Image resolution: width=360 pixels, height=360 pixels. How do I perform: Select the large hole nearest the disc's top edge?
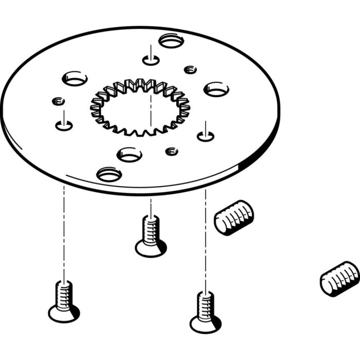click(171, 40)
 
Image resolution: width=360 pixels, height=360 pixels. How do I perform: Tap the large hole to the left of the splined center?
click(75, 79)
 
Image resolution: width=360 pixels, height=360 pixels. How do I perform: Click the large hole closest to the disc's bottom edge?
click(109, 174)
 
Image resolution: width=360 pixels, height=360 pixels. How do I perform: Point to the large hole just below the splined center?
click(129, 154)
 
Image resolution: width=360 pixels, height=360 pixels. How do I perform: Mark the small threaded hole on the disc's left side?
click(59, 101)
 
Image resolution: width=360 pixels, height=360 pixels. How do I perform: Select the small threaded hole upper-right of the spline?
click(190, 69)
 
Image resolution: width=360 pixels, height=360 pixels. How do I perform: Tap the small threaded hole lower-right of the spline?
click(172, 151)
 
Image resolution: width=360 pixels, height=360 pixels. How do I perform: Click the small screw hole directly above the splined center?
click(151, 60)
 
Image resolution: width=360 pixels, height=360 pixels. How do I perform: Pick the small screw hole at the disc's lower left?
click(64, 124)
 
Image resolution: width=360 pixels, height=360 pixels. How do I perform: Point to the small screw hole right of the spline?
click(205, 136)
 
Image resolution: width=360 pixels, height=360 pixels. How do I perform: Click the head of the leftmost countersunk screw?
click(64, 312)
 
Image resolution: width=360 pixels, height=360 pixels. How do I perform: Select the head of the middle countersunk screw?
click(151, 248)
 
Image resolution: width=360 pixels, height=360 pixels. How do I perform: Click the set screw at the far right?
click(339, 279)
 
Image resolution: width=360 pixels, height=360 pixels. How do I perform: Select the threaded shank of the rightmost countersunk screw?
click(205, 304)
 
